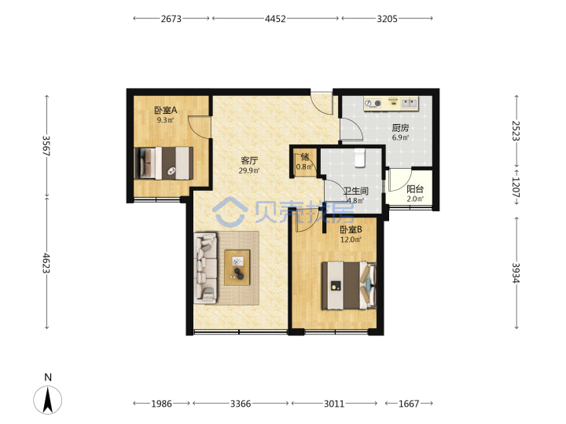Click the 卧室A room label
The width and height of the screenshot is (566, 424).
166,110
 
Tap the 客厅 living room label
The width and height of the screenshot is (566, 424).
249,160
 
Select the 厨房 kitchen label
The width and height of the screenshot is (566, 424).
400,128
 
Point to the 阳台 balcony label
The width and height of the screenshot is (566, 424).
415,189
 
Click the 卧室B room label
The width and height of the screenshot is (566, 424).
351,229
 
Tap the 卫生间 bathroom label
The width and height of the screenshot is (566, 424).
355,191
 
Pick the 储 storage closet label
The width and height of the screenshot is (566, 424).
305,157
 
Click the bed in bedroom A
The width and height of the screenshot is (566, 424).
164,163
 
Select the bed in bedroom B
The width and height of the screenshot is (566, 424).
349,286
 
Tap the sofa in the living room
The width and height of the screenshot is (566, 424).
206,268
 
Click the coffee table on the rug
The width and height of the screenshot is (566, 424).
237,268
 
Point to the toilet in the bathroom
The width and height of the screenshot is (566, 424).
360,158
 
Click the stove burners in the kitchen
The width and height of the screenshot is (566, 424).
373,104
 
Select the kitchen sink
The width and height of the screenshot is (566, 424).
410,104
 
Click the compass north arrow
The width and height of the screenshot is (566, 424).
48,400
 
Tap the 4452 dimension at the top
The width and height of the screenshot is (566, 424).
275,19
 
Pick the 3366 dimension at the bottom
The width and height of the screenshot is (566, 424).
241,404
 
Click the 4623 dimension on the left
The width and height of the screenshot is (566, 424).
46,263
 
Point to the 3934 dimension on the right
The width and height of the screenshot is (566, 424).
516,273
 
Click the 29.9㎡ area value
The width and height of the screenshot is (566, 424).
249,170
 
